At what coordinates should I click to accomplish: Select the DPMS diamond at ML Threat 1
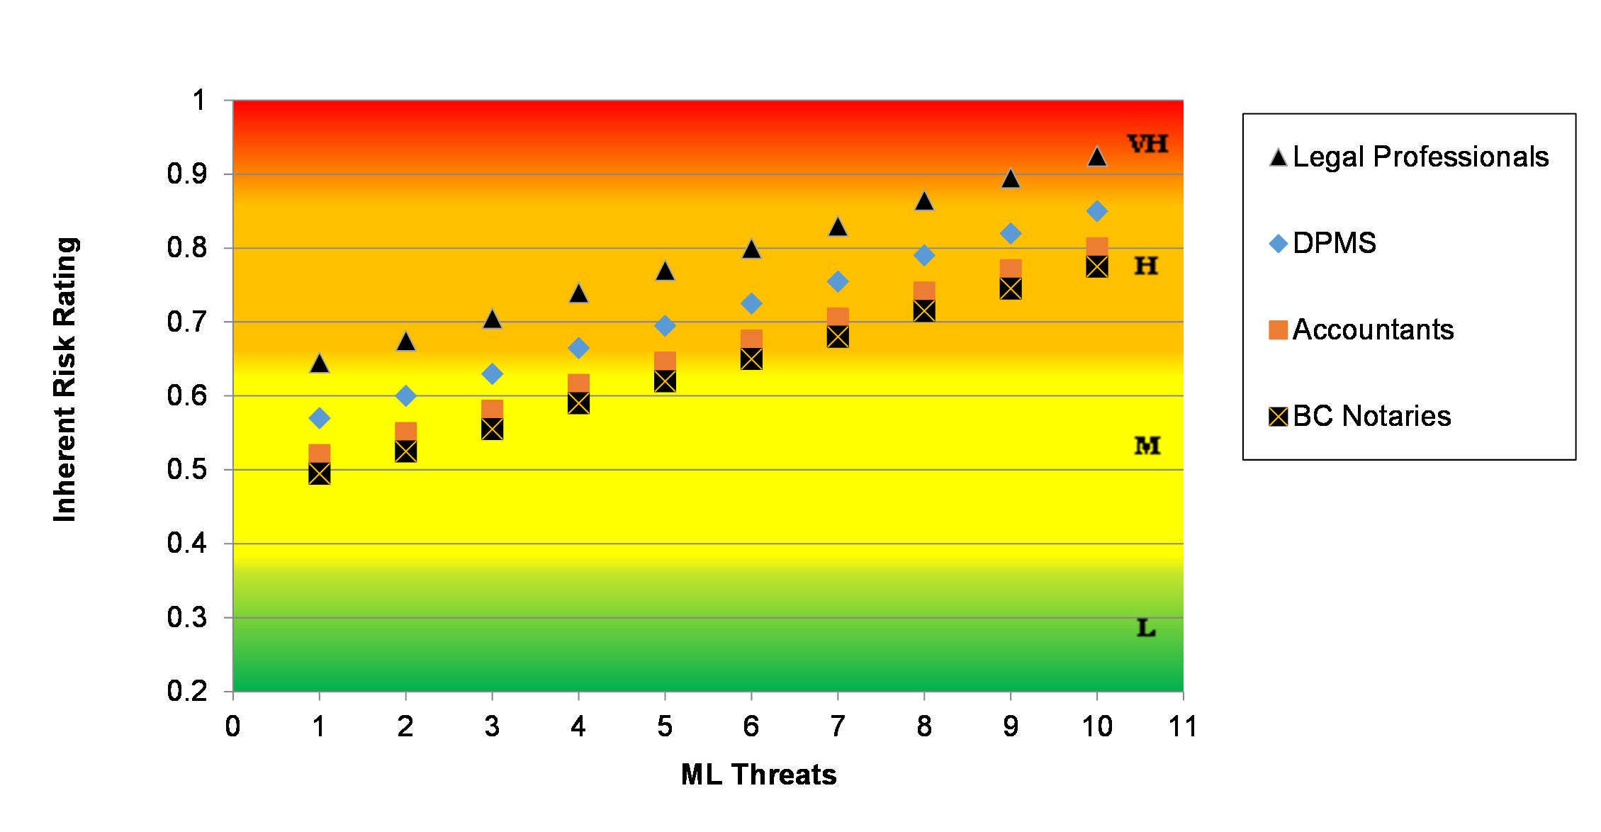[x=320, y=418]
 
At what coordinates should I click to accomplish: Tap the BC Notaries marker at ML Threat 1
[x=320, y=473]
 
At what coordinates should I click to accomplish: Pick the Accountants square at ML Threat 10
[x=1097, y=247]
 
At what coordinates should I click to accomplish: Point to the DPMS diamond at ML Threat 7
[x=838, y=281]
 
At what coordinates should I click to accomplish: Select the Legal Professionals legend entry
[x=1409, y=157]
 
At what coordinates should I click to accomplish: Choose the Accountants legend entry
[x=1361, y=330]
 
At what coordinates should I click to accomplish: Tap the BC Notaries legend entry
[x=1360, y=416]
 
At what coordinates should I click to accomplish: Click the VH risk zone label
[x=1148, y=144]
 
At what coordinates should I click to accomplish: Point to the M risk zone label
[x=1147, y=446]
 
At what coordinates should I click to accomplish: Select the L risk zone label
[x=1146, y=628]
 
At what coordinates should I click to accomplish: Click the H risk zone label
[x=1146, y=266]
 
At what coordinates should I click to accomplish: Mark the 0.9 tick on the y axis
[x=187, y=174]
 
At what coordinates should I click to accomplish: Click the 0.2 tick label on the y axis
[x=187, y=691]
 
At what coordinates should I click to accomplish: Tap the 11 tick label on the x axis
[x=1183, y=726]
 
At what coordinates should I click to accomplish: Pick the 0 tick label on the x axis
[x=233, y=726]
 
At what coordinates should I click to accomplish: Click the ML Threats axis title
[x=758, y=775]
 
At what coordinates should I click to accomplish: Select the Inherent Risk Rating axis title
[x=65, y=380]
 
